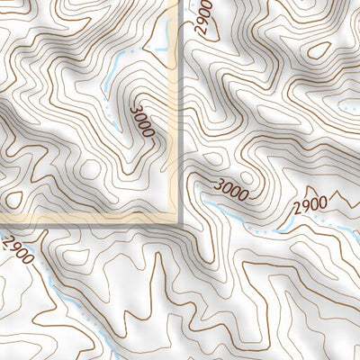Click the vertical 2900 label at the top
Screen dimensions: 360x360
pos(207,18)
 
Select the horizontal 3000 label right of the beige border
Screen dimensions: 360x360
pos(230,189)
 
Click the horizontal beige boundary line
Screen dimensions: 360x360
pos(90,220)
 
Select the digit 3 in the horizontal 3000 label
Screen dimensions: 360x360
pos(218,185)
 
